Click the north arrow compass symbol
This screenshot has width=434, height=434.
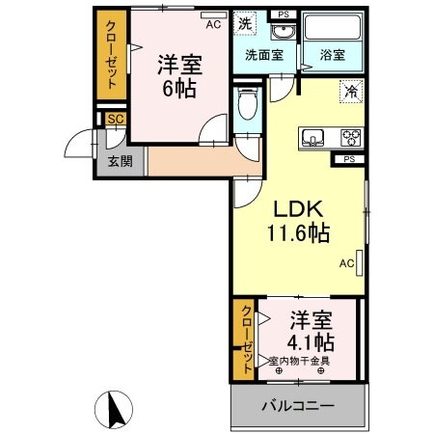[x=115, y=412]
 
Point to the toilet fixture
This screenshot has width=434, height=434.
[x=247, y=107]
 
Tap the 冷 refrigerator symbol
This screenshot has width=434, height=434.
[x=351, y=92]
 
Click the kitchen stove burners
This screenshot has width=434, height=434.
[x=349, y=136]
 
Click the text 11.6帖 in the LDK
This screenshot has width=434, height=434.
[x=299, y=232]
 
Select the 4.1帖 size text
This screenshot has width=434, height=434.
[x=310, y=341]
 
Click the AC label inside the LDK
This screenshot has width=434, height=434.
[x=345, y=261]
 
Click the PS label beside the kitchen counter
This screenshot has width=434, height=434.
[x=349, y=157]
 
